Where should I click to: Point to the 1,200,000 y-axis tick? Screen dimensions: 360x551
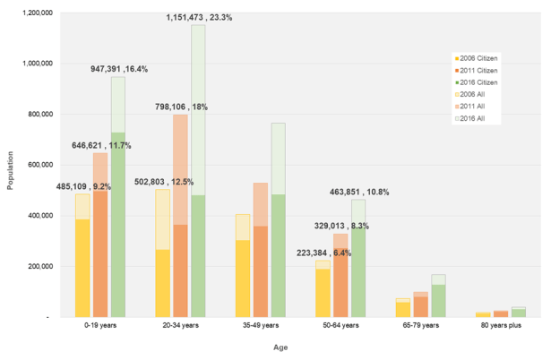[40, 13]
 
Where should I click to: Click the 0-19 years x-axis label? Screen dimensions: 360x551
[98, 327]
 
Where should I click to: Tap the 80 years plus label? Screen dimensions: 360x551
[494, 327]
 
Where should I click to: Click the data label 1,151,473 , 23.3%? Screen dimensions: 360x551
[199, 17]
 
